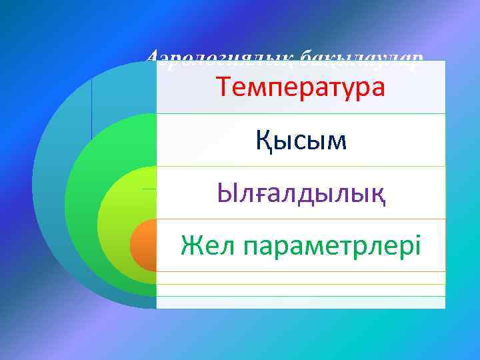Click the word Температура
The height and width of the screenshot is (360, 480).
pyautogui.click(x=300, y=87)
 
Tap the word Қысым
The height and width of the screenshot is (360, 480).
pyautogui.click(x=301, y=140)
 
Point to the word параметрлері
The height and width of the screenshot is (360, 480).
pyautogui.click(x=333, y=247)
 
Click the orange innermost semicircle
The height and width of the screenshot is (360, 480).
pyautogui.click(x=143, y=245)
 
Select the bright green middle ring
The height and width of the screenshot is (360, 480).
pyautogui.click(x=83, y=200)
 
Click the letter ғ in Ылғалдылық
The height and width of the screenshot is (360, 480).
pyautogui.click(x=265, y=195)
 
